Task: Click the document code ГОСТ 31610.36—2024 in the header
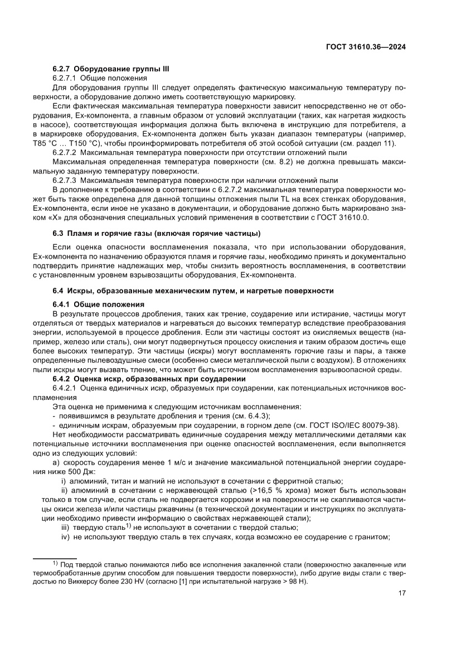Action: pos(365,47)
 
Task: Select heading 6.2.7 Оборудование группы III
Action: pos(110,69)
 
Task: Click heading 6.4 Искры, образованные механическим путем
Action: pos(192,291)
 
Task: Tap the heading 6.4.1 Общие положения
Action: pos(98,305)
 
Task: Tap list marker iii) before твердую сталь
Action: pos(66,527)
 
